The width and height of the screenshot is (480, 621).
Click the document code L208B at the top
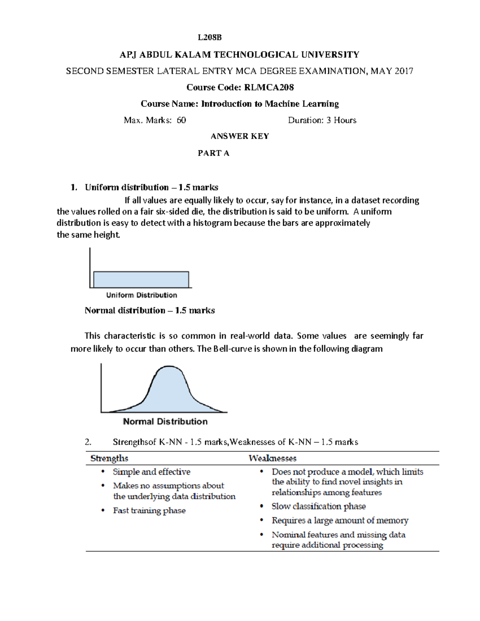(210, 38)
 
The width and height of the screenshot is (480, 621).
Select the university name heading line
(240, 55)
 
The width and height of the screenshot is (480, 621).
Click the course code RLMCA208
(269, 87)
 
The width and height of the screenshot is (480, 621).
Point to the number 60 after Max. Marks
(181, 120)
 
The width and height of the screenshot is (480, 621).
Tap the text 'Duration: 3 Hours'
(322, 120)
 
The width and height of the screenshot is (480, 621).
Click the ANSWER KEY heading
(240, 136)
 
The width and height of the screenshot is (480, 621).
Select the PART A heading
(214, 153)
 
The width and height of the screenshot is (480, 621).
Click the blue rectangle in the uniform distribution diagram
(141, 280)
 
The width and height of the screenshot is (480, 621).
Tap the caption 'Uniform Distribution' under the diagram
(142, 295)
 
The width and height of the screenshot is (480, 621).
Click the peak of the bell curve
(169, 367)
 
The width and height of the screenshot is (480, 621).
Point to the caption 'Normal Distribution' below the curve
(165, 421)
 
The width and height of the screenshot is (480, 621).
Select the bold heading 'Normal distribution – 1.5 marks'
(150, 311)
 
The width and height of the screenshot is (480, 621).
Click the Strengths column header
(109, 458)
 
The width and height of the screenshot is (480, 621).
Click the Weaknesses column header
(272, 458)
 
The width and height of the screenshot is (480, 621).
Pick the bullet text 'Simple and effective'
(152, 472)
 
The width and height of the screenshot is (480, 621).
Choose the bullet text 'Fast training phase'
(149, 511)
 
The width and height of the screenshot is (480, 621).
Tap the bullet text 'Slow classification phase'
(318, 506)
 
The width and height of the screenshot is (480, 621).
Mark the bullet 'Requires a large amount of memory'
(340, 521)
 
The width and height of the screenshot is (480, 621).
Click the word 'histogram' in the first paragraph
(212, 223)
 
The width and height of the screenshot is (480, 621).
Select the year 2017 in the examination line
(404, 71)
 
